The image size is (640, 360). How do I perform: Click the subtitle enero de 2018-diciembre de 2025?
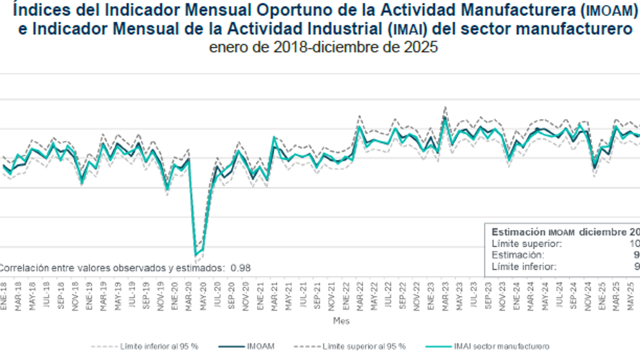tap(323, 48)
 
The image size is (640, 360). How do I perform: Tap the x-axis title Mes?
tap(341, 321)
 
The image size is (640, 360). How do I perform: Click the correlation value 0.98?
tap(241, 268)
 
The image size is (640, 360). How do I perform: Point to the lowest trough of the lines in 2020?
tap(196, 255)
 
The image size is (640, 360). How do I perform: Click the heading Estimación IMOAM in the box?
tap(533, 232)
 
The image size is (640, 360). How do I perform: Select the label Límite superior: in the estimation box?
tap(527, 243)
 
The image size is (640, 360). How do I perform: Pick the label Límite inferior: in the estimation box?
tap(524, 267)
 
